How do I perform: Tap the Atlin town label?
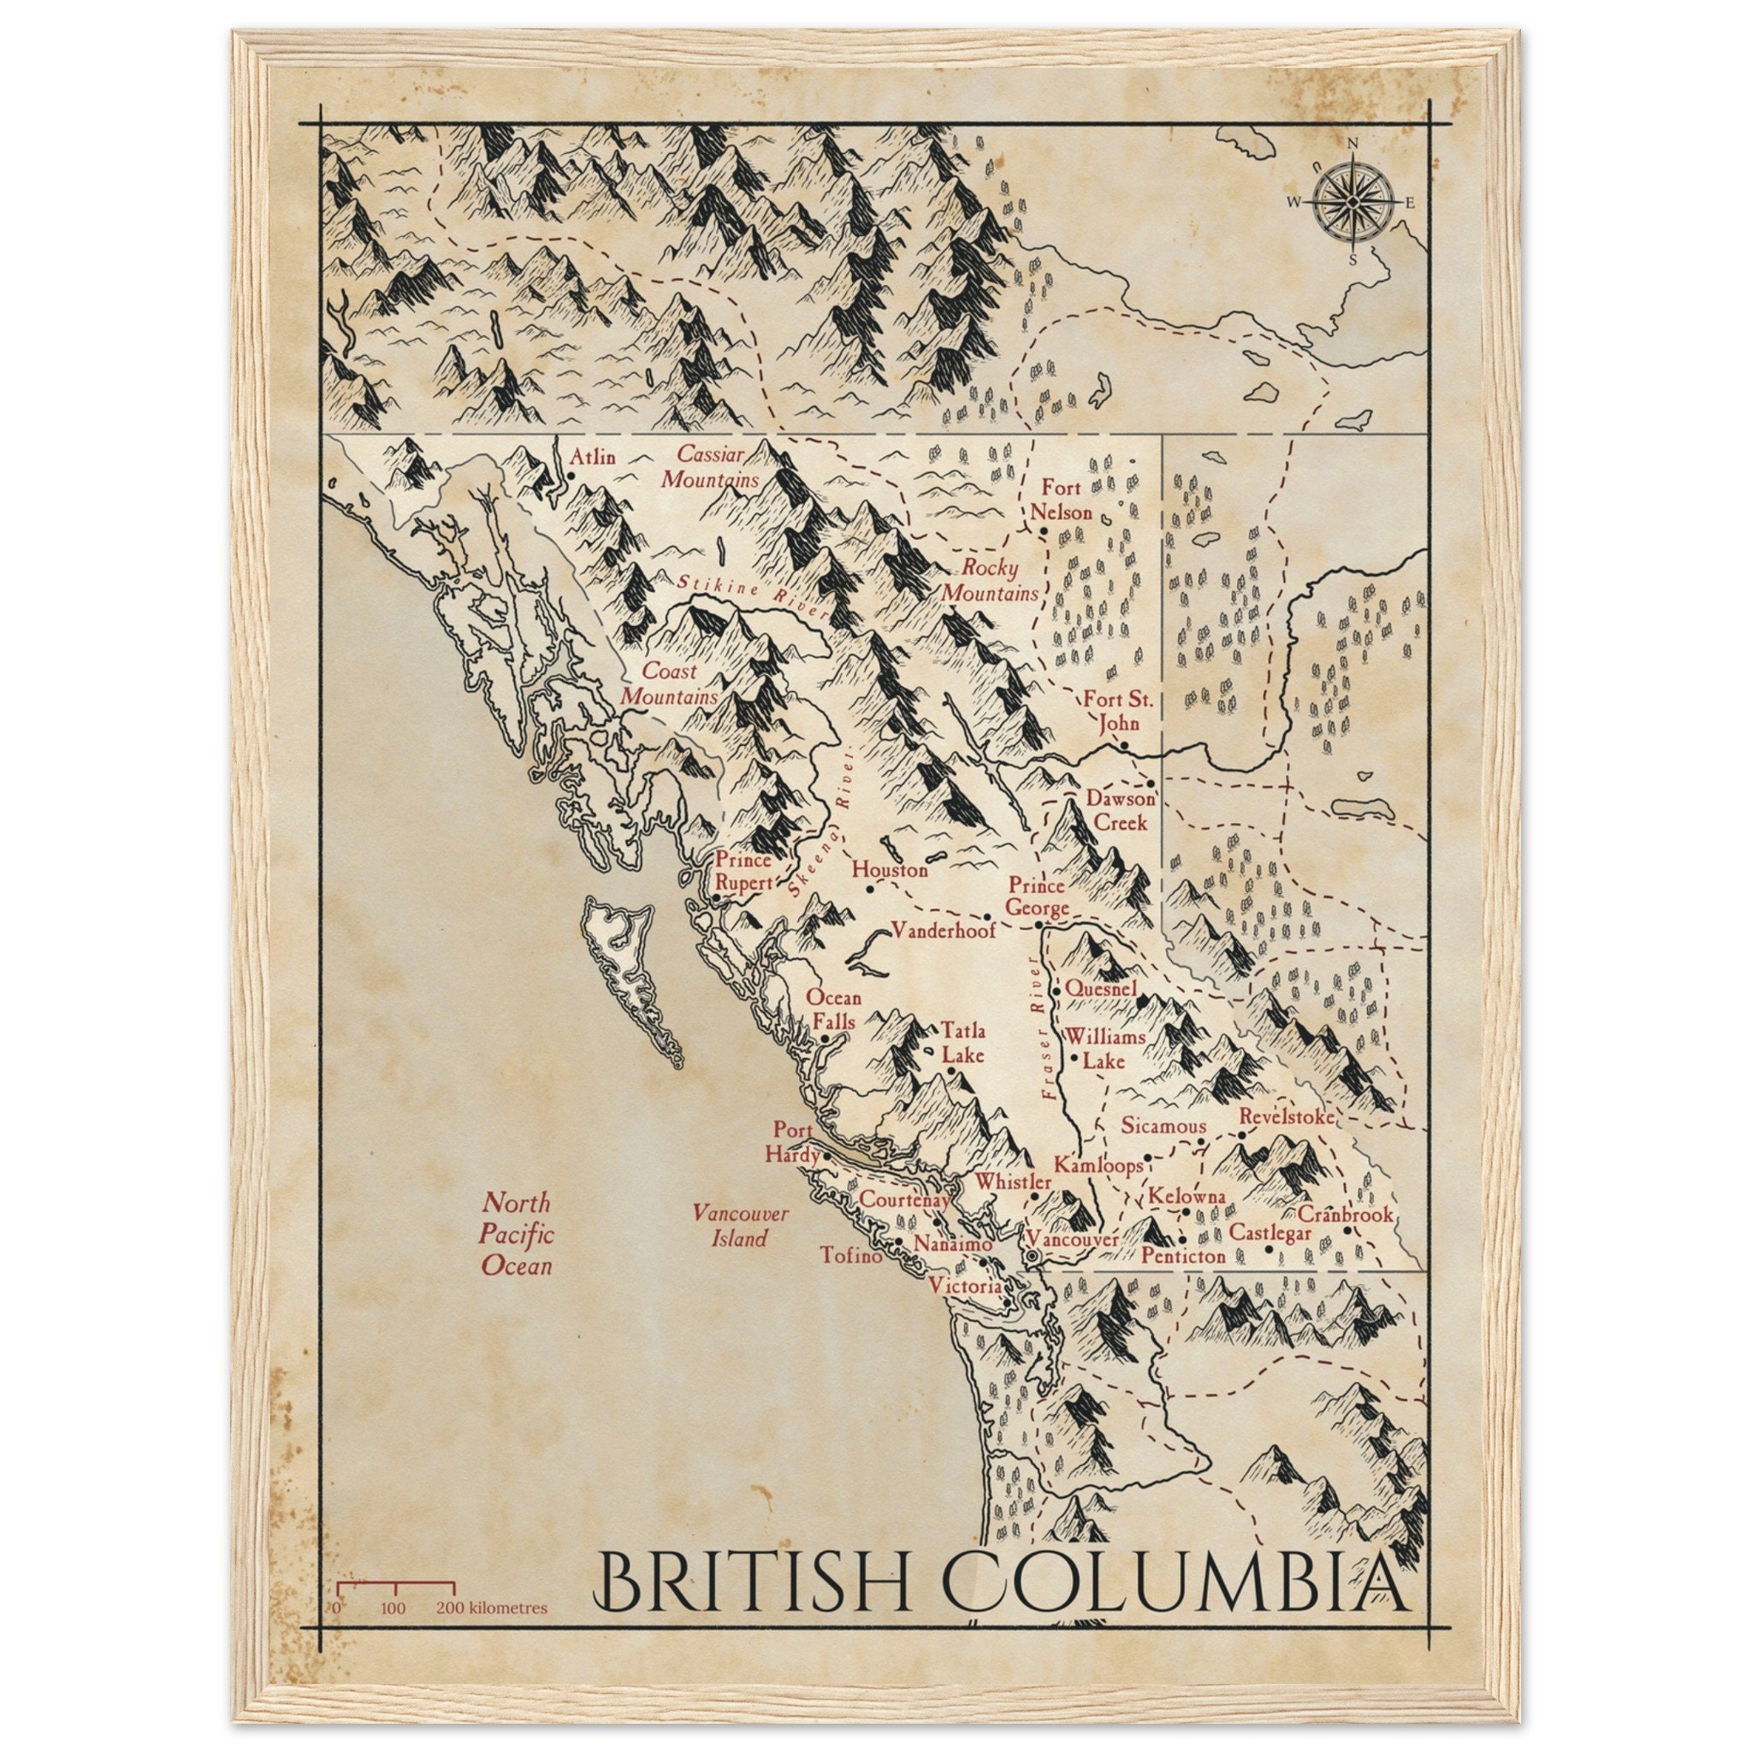click(x=591, y=456)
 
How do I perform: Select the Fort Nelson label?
click(x=1060, y=500)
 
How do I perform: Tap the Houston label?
click(x=890, y=870)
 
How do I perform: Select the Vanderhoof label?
click(x=943, y=930)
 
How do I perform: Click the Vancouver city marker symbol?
click(x=1032, y=1256)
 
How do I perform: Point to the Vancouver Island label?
click(x=740, y=1226)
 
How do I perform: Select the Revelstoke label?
click(x=1286, y=1116)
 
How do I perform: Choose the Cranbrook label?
click(x=1345, y=1214)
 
